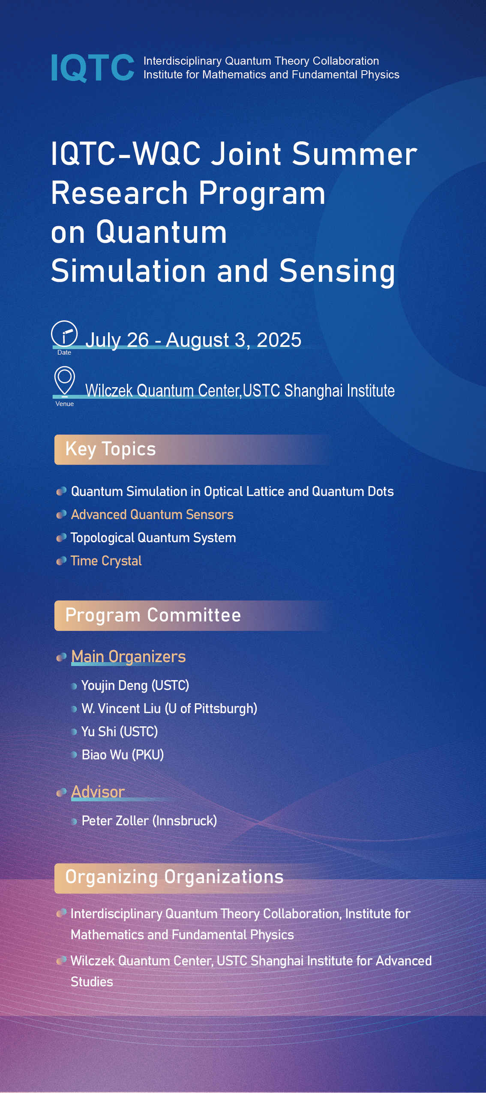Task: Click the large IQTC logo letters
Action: pyautogui.click(x=93, y=68)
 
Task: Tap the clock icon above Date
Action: pyautogui.click(x=64, y=334)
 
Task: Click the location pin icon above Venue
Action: pyautogui.click(x=65, y=380)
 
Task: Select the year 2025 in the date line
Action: pyautogui.click(x=279, y=340)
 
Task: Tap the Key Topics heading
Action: pyautogui.click(x=111, y=449)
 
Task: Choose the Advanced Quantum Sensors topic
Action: pyautogui.click(x=152, y=514)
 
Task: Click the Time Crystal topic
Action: pyautogui.click(x=106, y=561)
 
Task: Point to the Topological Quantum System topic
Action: pyautogui.click(x=153, y=538)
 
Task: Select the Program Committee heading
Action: pyautogui.click(x=153, y=615)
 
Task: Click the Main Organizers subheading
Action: pyautogui.click(x=128, y=657)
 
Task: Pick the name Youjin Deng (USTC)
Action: pyautogui.click(x=135, y=686)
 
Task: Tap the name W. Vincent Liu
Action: pyautogui.click(x=121, y=708)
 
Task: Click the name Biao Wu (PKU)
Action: pyautogui.click(x=123, y=755)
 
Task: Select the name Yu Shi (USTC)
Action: pyautogui.click(x=120, y=732)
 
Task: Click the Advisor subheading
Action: pyautogui.click(x=98, y=792)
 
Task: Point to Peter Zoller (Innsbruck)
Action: pyautogui.click(x=149, y=821)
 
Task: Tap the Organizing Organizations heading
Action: pyautogui.click(x=174, y=877)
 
